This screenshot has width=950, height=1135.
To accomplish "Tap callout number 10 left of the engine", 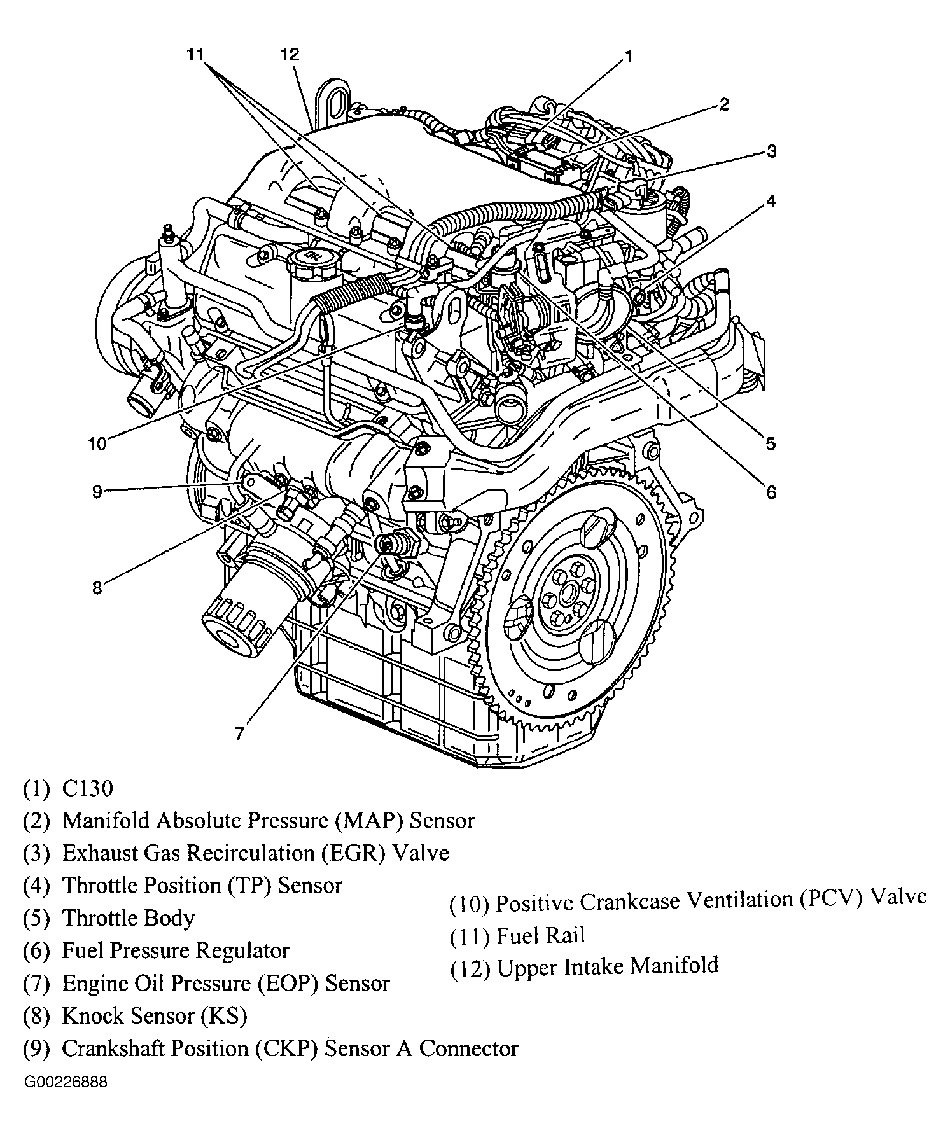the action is pyautogui.click(x=97, y=443).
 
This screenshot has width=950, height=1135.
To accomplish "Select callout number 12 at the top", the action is pyautogui.click(x=289, y=55).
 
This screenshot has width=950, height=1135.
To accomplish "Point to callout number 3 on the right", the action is pyautogui.click(x=771, y=151).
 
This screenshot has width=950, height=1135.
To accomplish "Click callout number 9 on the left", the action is pyautogui.click(x=97, y=492).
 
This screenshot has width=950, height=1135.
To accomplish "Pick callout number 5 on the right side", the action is pyautogui.click(x=771, y=443).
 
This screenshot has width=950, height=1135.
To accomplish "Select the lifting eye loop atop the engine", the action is pyautogui.click(x=334, y=99).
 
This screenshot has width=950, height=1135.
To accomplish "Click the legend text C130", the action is pyautogui.click(x=87, y=789).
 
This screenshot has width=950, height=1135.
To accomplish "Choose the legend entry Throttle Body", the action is pyautogui.click(x=128, y=918).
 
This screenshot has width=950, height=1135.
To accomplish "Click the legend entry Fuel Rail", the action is pyautogui.click(x=540, y=935).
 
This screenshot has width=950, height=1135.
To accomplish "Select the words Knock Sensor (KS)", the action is pyautogui.click(x=154, y=1015).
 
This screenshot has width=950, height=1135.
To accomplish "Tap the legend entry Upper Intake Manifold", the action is pyautogui.click(x=608, y=966).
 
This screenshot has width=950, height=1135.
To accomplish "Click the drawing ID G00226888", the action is pyautogui.click(x=66, y=1082).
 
